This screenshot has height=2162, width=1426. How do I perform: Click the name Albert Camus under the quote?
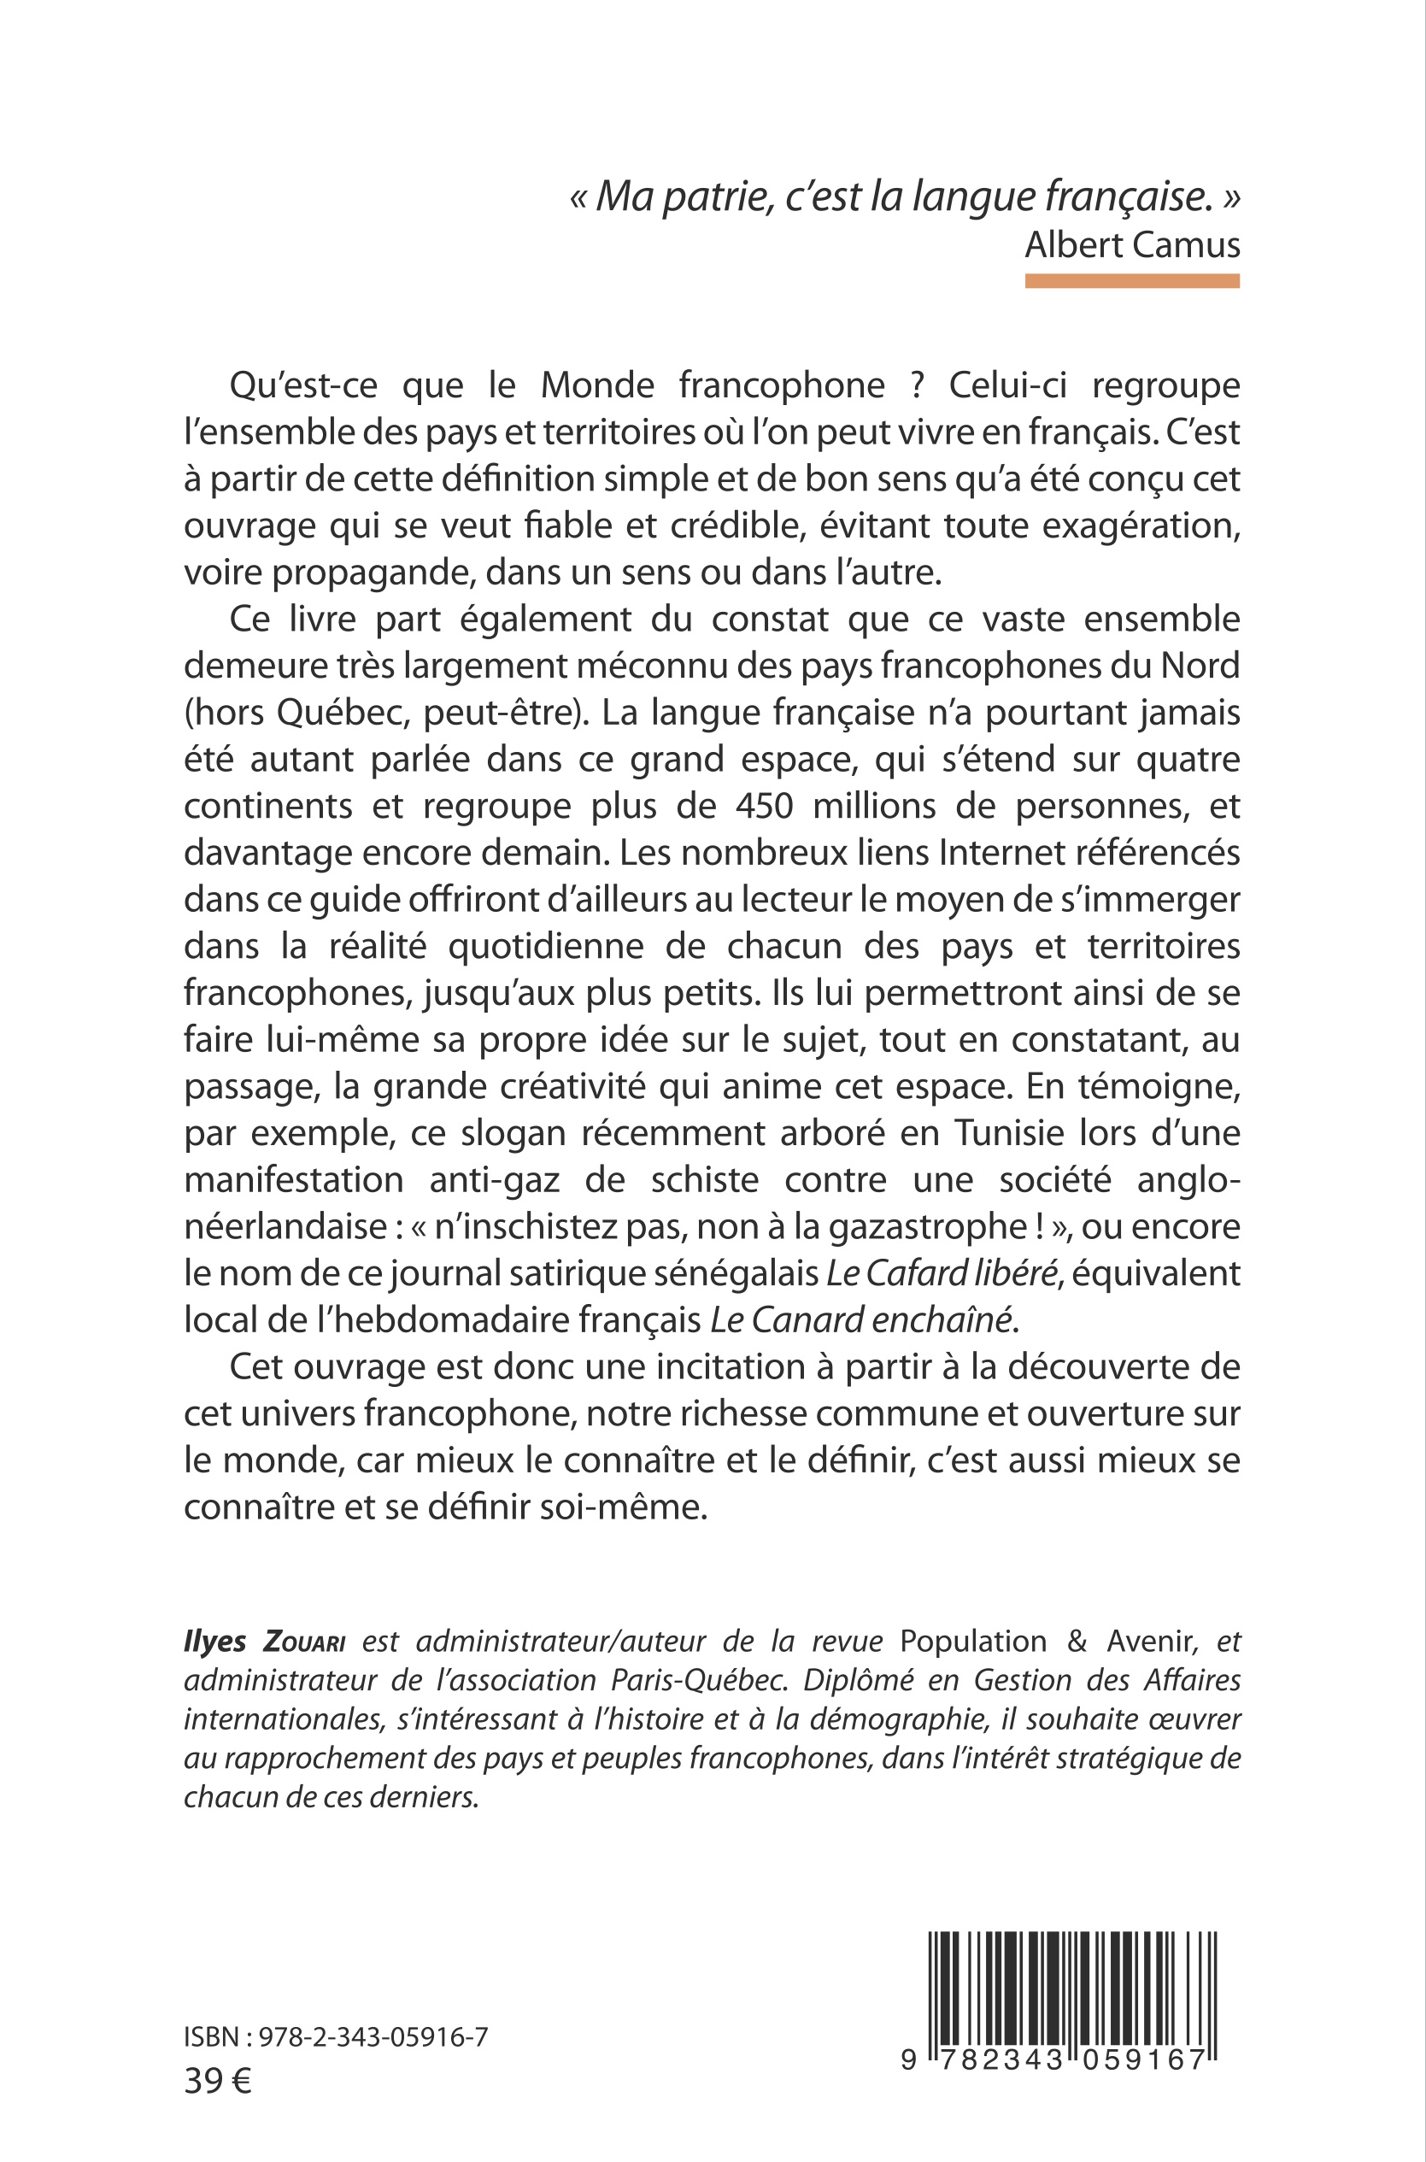tap(1131, 244)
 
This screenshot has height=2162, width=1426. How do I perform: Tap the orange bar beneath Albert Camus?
tap(1131, 282)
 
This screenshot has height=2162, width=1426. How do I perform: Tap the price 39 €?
tap(217, 2080)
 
